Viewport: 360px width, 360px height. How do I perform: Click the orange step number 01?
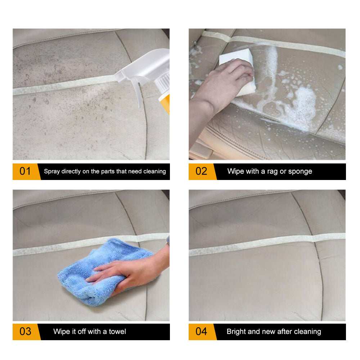(x=25, y=171)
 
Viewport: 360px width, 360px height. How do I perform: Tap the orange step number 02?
(x=201, y=171)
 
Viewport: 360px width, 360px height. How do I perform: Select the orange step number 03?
(x=25, y=331)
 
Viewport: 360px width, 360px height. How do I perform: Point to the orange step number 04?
(x=201, y=331)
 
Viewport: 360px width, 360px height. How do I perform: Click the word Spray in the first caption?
(x=52, y=171)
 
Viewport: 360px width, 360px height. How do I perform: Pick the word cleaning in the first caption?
(x=154, y=171)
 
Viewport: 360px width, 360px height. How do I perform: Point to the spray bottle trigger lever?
(x=135, y=92)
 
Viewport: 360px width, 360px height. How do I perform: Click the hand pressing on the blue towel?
(x=126, y=274)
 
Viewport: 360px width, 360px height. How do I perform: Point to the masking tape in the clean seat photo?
(x=266, y=245)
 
